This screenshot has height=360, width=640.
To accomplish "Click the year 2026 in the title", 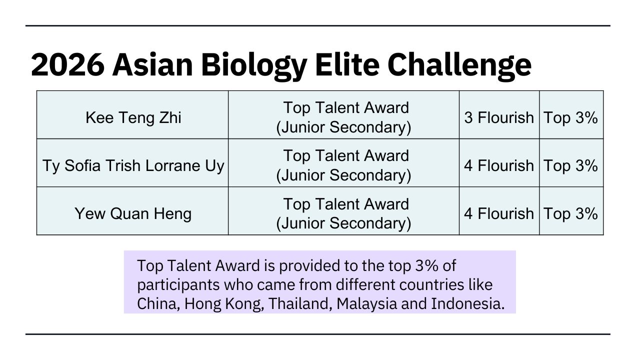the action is pos(67,65).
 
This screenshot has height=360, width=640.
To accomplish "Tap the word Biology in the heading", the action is pos(254,67).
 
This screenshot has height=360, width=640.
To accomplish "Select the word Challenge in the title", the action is pos(459,67).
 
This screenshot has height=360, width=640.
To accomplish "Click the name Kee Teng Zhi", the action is pos(133,117).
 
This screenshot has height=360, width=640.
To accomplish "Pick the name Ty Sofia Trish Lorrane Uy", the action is pos(133,165).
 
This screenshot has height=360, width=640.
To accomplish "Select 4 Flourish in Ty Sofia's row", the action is pos(499,165).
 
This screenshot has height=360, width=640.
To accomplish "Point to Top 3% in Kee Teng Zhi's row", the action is pos(570,117).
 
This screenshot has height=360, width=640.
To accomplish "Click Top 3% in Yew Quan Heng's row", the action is pos(570,213).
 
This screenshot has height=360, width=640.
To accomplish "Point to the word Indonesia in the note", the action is pos(467,303).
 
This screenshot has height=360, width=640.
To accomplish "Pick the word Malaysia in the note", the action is pos(367,304).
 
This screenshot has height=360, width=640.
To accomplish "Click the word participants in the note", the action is pos(178,285).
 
